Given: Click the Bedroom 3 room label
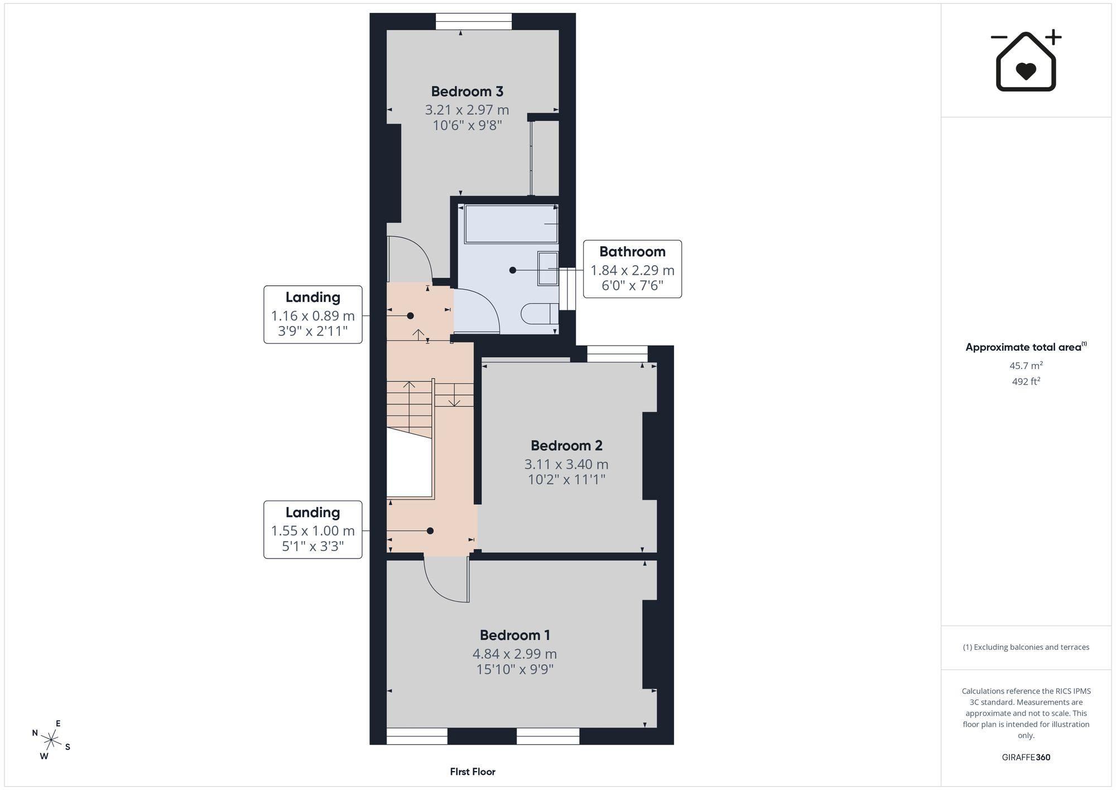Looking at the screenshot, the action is click(x=467, y=92).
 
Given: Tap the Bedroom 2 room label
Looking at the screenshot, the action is click(x=566, y=446).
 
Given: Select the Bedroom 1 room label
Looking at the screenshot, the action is click(x=515, y=635).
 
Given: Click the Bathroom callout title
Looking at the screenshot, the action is click(x=632, y=252).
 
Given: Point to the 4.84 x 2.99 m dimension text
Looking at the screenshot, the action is click(x=514, y=654).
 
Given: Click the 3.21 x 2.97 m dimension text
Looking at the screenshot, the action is click(x=467, y=110).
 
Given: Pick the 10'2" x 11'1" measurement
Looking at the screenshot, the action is click(x=566, y=480).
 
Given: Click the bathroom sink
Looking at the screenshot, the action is click(x=547, y=269).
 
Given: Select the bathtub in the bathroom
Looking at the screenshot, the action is click(x=511, y=223).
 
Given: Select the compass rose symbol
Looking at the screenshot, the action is click(x=51, y=740).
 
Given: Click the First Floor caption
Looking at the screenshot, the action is click(x=473, y=772).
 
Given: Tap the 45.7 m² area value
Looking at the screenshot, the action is click(x=1026, y=366).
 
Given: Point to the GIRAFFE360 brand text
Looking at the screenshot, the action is click(x=1026, y=757).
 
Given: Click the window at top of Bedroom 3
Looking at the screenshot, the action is click(x=474, y=21).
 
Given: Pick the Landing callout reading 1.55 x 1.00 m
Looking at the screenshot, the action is click(x=313, y=530).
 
